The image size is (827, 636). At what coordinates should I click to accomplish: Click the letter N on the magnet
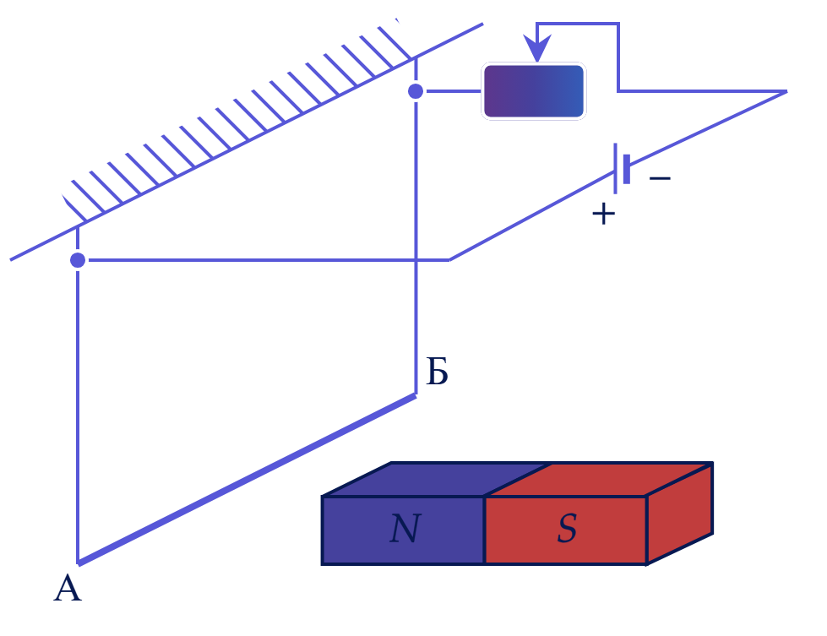(405, 529)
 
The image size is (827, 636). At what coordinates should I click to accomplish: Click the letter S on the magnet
(568, 529)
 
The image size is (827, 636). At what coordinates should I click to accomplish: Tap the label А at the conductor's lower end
(68, 589)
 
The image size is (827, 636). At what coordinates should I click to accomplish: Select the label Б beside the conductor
(437, 372)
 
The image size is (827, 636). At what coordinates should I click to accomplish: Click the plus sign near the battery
(603, 214)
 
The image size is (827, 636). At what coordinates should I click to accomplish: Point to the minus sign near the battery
(660, 178)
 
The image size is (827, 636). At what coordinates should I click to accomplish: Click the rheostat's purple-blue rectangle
(534, 91)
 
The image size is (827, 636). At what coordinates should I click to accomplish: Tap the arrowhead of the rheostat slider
(537, 48)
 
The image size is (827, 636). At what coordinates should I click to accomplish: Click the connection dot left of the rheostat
(416, 91)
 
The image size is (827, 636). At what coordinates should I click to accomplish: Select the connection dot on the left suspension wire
(78, 260)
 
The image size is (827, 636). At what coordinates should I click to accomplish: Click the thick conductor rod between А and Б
(247, 480)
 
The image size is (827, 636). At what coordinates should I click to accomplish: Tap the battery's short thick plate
(627, 169)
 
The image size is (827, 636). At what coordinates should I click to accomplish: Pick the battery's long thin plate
(615, 168)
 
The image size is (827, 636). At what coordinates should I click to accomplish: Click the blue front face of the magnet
(404, 530)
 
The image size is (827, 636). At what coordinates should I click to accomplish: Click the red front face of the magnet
(566, 530)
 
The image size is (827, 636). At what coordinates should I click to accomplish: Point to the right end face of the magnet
(680, 514)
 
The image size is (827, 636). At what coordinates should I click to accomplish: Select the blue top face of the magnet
(437, 480)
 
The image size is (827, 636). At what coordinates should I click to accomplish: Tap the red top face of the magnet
(599, 480)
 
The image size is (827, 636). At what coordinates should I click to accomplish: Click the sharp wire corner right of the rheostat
(786, 92)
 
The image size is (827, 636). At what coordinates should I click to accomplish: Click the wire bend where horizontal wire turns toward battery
(449, 259)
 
